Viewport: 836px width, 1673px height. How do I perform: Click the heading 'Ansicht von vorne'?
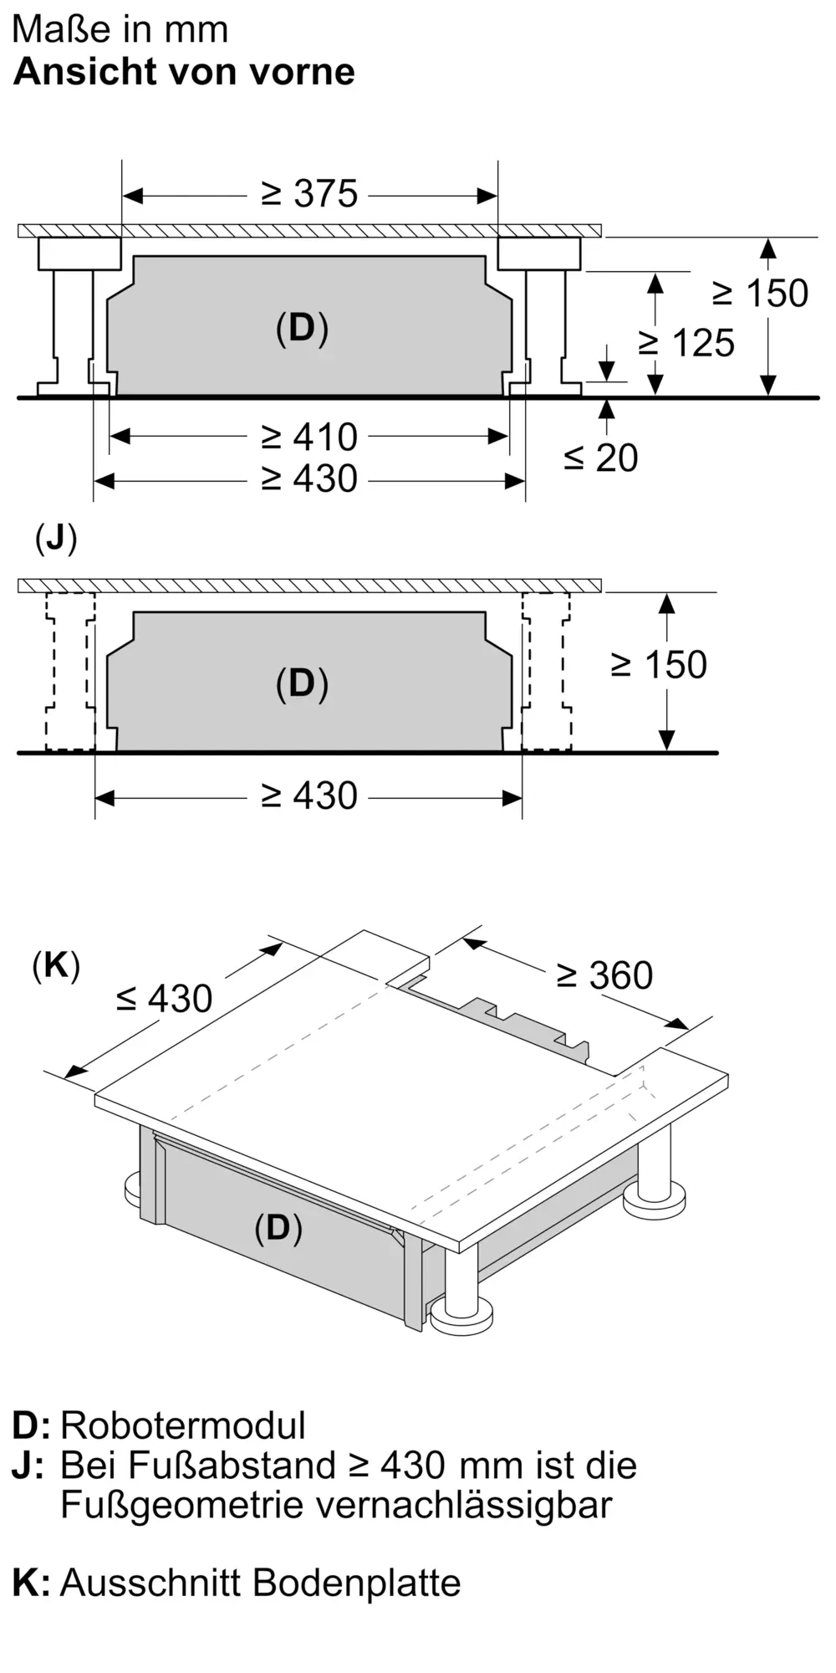tap(184, 72)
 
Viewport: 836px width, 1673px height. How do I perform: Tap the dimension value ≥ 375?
tap(309, 194)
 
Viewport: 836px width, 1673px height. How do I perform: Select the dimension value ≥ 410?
tap(309, 437)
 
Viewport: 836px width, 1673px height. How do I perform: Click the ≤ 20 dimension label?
tap(600, 458)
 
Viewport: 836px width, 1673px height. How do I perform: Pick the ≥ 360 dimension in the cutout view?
tap(604, 975)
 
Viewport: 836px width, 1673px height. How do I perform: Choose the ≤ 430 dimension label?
tap(164, 999)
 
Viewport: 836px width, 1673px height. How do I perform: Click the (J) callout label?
tap(56, 539)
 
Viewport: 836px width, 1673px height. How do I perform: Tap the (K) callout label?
tap(56, 966)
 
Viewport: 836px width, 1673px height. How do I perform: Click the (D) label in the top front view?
tap(302, 328)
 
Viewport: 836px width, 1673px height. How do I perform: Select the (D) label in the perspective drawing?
tap(278, 1228)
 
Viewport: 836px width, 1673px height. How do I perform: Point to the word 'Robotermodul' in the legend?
tap(183, 1425)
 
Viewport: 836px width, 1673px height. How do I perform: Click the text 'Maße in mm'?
tap(120, 30)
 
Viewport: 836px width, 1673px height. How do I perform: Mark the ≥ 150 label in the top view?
tap(760, 294)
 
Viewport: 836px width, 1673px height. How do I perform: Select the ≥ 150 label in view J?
tap(660, 665)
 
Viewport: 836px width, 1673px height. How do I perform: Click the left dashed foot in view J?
tap(70, 672)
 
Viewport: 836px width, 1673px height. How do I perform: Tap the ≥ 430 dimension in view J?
tap(309, 796)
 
